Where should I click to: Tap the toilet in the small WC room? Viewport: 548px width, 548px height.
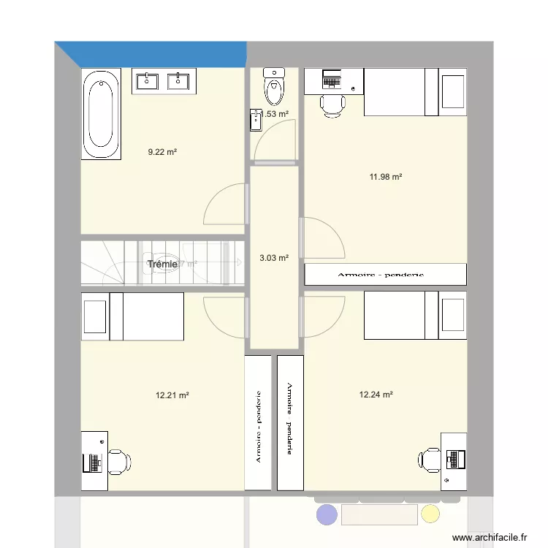(x=274, y=88)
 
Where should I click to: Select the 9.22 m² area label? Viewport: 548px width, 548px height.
(x=162, y=152)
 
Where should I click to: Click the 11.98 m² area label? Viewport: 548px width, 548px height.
(x=387, y=176)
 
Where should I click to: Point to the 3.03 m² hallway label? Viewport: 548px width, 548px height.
(x=274, y=257)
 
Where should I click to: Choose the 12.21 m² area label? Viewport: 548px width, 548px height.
(x=172, y=395)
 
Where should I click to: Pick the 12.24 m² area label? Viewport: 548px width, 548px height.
(x=376, y=395)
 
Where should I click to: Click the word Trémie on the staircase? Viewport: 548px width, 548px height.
(x=161, y=264)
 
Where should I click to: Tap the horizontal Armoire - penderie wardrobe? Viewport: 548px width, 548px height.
(x=385, y=275)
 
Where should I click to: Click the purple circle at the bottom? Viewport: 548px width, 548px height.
(x=327, y=515)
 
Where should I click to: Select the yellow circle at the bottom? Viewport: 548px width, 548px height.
(x=430, y=514)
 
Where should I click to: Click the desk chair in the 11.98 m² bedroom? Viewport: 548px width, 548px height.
(x=332, y=104)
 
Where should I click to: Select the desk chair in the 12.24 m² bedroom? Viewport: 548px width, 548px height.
(x=430, y=459)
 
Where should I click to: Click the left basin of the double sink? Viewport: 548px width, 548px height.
(x=148, y=81)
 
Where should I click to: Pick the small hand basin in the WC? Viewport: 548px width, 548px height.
(x=256, y=120)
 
